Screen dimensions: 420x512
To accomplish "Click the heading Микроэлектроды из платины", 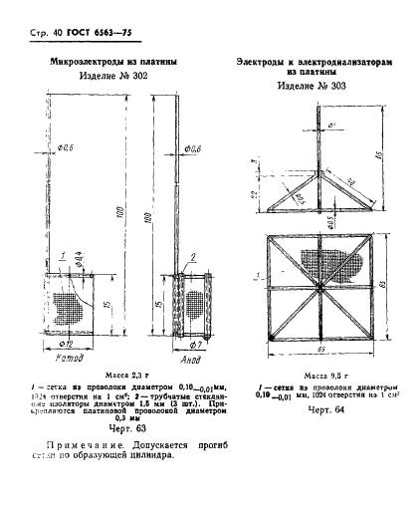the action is coord(120,62).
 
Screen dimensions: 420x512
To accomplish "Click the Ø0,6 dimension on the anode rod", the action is coord(193,147).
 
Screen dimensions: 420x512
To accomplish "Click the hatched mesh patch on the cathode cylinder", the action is coord(70,308).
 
